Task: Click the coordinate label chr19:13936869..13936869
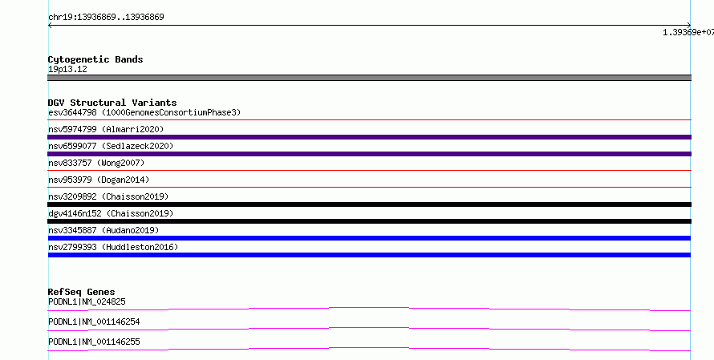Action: point(106,17)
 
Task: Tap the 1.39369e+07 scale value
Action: point(688,32)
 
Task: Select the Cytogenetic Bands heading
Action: point(95,59)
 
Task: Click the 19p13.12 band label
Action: point(67,69)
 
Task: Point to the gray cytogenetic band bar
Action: point(369,78)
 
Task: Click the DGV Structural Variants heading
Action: point(112,103)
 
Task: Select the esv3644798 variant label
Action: point(72,112)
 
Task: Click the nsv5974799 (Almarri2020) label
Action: point(106,129)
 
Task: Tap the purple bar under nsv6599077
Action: point(369,154)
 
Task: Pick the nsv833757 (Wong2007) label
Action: point(96,163)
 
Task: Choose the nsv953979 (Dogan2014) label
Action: point(99,180)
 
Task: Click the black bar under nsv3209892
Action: point(369,204)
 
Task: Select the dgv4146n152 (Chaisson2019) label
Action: point(111,213)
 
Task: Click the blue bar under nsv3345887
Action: point(369,238)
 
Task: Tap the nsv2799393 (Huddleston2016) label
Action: point(113,247)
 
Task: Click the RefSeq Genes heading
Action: point(82,292)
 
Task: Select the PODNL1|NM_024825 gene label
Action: point(87,301)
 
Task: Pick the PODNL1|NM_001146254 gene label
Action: point(94,322)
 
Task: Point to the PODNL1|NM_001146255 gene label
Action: point(94,342)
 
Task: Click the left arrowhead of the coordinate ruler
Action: point(49,26)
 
